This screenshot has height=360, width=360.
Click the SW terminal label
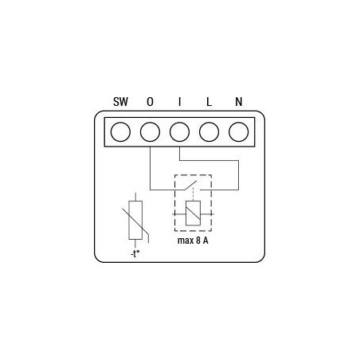coord(119,102)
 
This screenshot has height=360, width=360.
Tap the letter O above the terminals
coord(150,102)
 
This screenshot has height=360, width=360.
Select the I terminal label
coord(180,102)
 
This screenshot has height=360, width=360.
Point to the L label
coord(209,102)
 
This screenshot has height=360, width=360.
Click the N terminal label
coord(239,102)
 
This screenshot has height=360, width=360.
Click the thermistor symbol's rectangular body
coord(135,220)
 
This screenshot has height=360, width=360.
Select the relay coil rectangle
coord(191,213)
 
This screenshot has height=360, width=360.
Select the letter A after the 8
coord(206,239)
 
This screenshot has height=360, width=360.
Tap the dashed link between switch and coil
coord(191,198)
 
